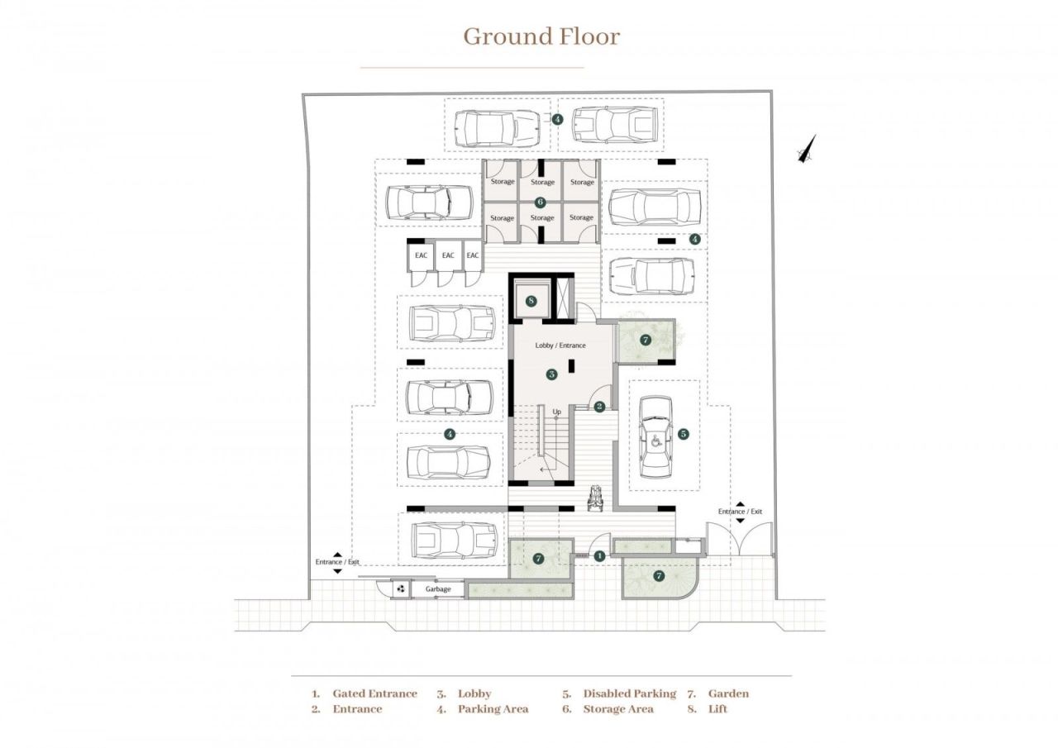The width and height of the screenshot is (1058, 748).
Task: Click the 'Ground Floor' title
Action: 541,36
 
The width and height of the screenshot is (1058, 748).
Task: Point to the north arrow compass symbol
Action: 808,148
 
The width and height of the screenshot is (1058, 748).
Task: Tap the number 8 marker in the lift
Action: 531,300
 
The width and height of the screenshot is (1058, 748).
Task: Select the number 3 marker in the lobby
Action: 551,374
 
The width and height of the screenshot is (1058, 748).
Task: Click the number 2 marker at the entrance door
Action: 600,406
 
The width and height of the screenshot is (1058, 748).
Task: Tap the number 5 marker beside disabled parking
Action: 683,433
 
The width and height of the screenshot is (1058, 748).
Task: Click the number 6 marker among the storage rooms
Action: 541,202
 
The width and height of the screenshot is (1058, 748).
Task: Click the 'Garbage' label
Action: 438,589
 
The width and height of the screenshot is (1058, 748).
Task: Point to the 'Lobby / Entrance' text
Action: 560,345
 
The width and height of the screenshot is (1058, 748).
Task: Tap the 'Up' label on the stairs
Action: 557,412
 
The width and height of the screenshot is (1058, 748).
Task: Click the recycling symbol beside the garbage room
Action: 401,589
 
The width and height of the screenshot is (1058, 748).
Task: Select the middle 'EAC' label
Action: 448,255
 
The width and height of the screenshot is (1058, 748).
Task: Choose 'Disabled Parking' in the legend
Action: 629,693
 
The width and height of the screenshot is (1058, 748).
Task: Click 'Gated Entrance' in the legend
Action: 374,693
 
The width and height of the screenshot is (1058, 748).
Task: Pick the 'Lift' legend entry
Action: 717,709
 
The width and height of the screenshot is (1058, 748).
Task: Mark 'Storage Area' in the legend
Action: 617,709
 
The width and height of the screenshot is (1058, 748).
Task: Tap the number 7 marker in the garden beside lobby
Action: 646,340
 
